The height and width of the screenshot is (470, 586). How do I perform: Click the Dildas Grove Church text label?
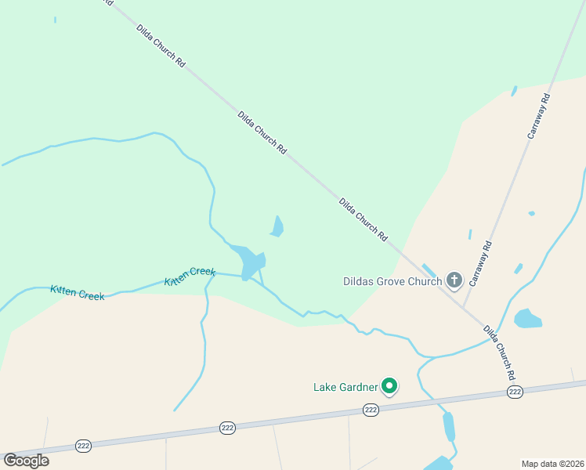point(392,281)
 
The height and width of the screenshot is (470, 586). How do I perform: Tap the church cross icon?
point(454,280)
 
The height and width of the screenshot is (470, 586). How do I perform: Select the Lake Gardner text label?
point(346,387)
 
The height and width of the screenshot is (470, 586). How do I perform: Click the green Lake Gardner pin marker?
point(389,385)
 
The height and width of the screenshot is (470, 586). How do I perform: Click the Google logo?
point(26,460)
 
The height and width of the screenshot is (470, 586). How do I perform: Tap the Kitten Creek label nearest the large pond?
point(190,276)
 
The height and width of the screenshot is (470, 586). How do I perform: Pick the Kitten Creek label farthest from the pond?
point(77,293)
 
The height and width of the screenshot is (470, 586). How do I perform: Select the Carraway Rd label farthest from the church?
point(540,117)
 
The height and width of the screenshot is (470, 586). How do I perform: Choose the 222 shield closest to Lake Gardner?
point(371,410)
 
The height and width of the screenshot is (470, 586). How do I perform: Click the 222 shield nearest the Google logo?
point(84,446)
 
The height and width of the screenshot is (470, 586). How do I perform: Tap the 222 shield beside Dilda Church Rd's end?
point(515,392)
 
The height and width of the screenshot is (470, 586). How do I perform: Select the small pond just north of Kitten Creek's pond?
point(277,227)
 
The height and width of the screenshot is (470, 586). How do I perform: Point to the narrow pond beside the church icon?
point(429,270)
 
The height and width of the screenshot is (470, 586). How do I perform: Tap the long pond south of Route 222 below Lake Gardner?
point(449,427)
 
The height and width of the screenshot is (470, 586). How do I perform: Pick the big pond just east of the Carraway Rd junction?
point(527,318)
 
